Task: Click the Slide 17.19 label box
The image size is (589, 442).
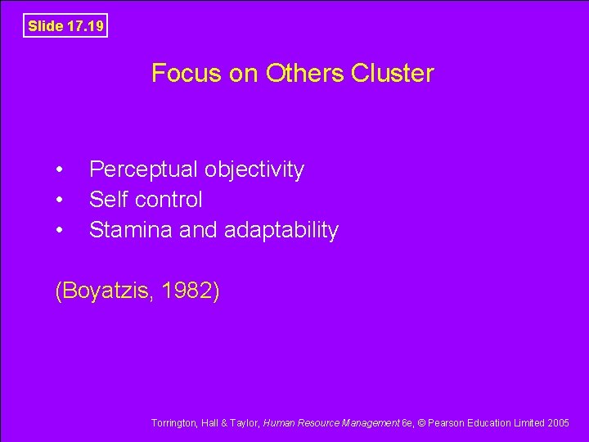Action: click(x=65, y=26)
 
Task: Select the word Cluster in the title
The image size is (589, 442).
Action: click(x=393, y=74)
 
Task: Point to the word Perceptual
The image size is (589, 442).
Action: click(x=143, y=170)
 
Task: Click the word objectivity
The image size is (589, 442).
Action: click(x=254, y=170)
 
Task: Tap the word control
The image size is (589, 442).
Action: click(x=169, y=200)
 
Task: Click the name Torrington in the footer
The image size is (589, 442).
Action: click(x=173, y=423)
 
